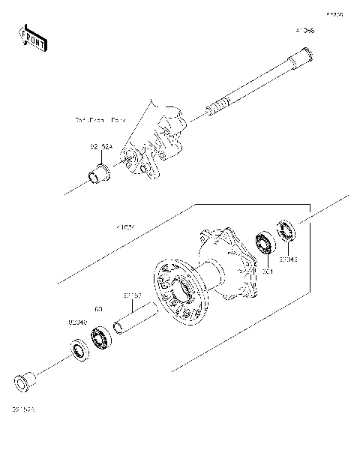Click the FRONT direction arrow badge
click(32, 37)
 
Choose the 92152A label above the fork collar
click(101, 147)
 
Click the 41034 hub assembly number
click(124, 224)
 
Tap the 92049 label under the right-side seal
click(289, 259)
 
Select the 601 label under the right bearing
click(267, 271)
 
